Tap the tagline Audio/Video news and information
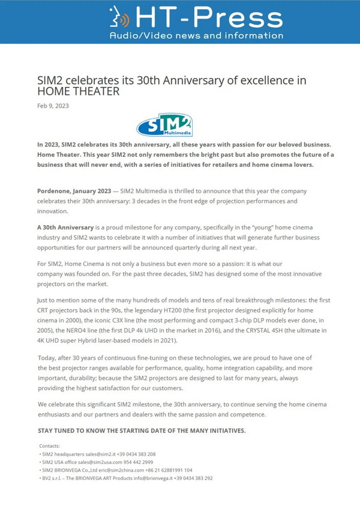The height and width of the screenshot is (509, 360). click(196, 35)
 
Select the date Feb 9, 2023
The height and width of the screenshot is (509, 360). click(53, 106)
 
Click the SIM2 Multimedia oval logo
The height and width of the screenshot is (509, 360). click(163, 125)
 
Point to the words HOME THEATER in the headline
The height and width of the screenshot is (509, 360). click(79, 92)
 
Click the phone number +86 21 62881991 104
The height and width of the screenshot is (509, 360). click(171, 470)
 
